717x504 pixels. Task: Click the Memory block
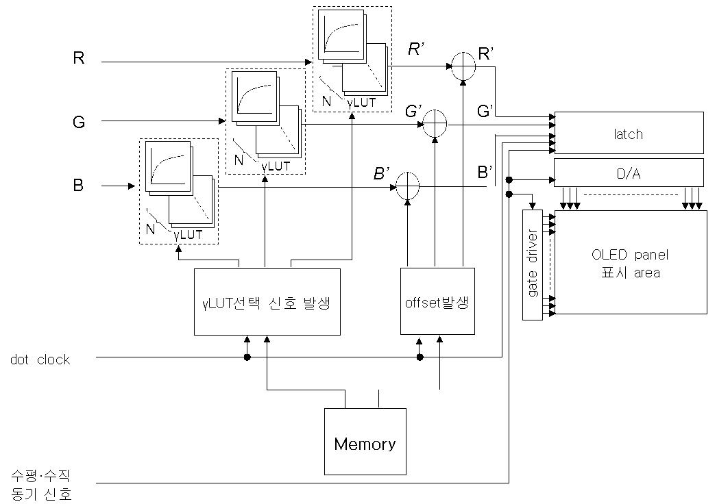365,442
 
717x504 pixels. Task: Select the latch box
629,133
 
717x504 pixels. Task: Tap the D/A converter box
629,173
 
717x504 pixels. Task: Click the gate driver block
532,265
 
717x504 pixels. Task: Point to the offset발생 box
437,301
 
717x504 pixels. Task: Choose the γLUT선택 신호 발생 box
267,302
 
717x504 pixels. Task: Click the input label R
79,58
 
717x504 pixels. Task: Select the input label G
79,122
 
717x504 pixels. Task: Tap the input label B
78,186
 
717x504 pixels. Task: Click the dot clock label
40,360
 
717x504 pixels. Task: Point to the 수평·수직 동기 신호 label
41,486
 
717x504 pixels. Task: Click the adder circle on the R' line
463,66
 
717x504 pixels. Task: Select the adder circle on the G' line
435,124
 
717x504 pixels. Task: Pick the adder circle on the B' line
407,186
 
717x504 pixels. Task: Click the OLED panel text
630,255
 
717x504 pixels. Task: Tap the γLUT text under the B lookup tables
188,235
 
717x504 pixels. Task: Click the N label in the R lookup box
326,101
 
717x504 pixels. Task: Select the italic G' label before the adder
413,111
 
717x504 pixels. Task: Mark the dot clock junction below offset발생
420,357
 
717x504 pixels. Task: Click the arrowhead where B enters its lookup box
132,186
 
